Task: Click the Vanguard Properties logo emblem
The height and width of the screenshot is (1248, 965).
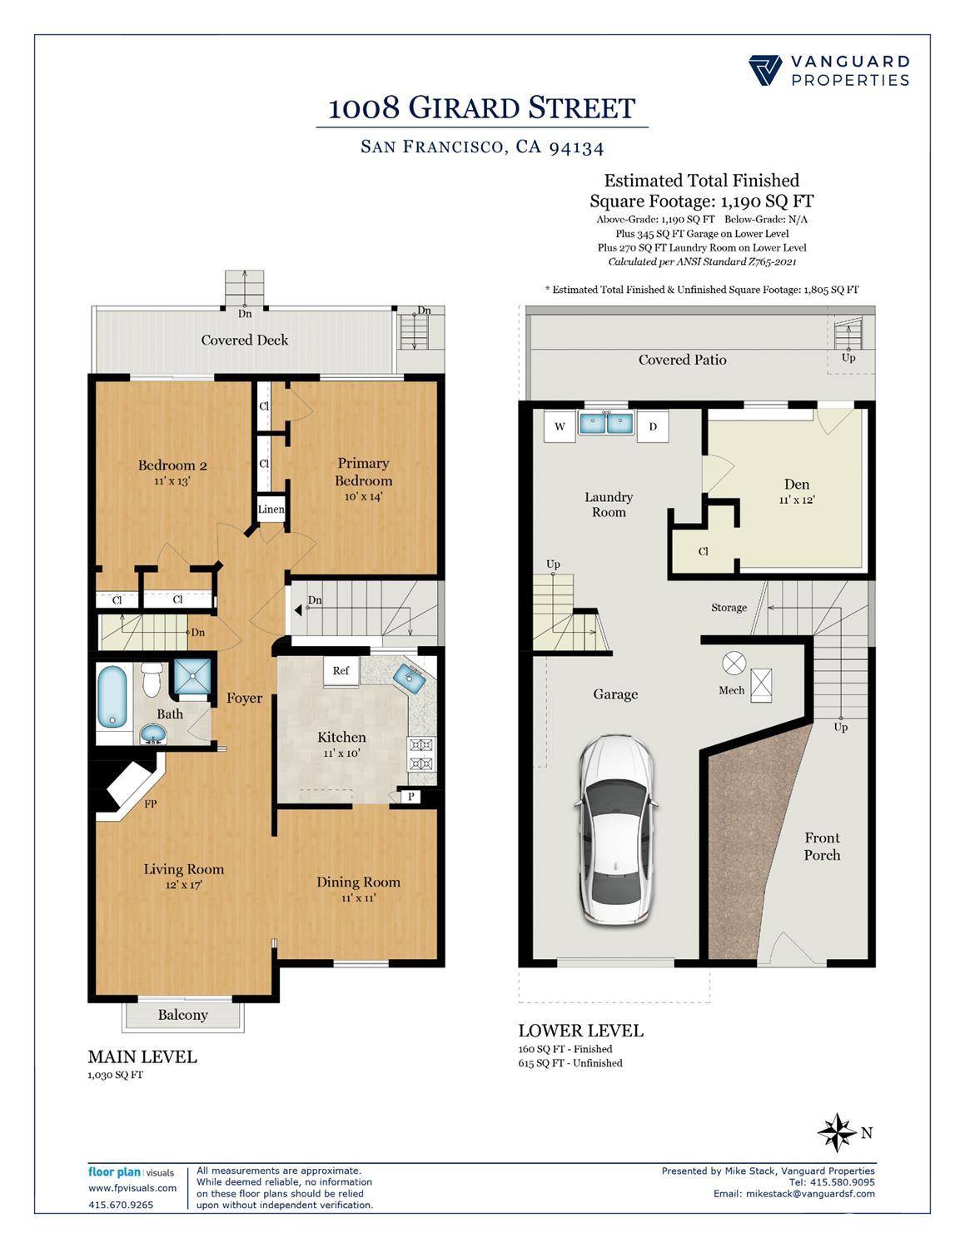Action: point(764,70)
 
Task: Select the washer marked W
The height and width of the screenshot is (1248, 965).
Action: point(560,427)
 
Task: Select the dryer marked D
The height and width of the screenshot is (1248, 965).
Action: point(654,427)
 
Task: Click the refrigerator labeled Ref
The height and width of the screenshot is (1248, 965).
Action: point(341,671)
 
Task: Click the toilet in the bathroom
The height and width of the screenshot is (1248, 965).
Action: point(152,679)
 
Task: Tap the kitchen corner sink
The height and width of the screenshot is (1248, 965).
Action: point(412,676)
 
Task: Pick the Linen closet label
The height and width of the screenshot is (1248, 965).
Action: point(271,510)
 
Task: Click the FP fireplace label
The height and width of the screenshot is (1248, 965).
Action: point(151,804)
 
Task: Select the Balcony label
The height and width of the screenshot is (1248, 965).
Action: point(182,1015)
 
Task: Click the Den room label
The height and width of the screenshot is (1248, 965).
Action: point(797,485)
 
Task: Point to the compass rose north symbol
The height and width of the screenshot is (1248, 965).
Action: point(837,1132)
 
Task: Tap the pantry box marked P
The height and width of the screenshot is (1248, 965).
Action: point(411,797)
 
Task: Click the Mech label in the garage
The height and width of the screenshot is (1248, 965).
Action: point(731,690)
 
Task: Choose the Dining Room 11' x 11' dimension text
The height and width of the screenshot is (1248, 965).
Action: point(358,897)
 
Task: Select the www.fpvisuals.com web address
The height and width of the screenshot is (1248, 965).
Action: point(132,1188)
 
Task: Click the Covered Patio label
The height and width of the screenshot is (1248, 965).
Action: point(682,360)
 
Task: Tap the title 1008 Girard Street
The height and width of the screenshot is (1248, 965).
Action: point(482,108)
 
